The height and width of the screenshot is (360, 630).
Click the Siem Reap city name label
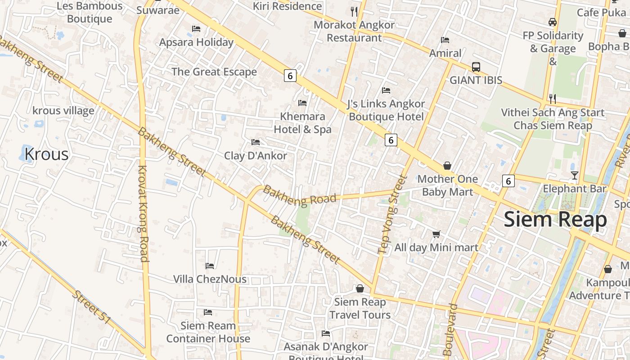(x=555, y=220)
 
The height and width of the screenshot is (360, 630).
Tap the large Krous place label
(x=46, y=154)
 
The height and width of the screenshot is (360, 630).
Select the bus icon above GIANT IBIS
(x=476, y=67)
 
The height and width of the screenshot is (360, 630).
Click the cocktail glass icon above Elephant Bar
(x=574, y=175)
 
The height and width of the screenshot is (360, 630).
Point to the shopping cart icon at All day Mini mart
(x=436, y=234)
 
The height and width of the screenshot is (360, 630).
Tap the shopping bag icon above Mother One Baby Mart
(x=447, y=166)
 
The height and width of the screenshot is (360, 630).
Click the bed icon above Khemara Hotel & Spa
(x=302, y=103)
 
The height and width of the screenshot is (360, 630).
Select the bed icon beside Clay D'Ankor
(x=256, y=142)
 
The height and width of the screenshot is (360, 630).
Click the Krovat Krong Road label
(x=143, y=213)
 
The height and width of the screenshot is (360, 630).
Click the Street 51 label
(x=91, y=307)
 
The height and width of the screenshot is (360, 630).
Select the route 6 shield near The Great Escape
(x=290, y=76)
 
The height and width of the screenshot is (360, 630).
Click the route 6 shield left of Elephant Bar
(x=508, y=181)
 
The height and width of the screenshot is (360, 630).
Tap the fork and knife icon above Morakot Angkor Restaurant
(x=354, y=11)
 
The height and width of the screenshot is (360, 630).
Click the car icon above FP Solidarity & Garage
(x=552, y=22)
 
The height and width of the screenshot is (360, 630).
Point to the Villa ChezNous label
(x=210, y=279)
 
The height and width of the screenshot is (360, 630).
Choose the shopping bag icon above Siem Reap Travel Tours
(x=360, y=288)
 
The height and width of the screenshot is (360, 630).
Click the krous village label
(x=63, y=111)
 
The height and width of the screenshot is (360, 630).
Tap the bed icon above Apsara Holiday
(x=196, y=29)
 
